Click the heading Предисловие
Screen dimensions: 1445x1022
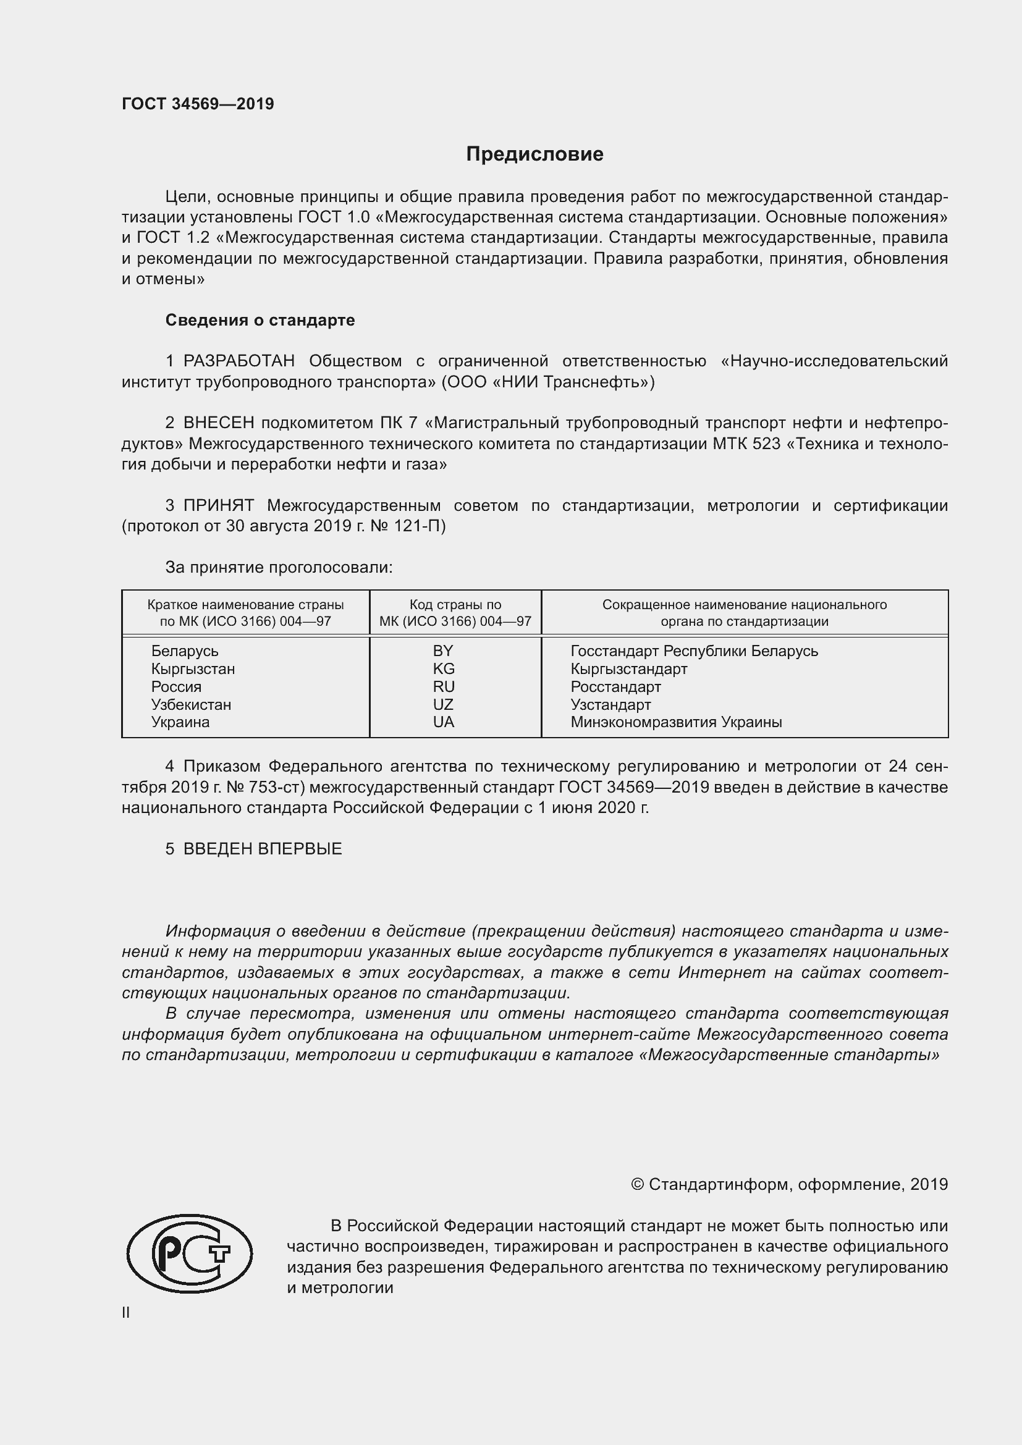click(x=534, y=154)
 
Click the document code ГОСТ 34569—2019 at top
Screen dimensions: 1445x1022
click(x=198, y=104)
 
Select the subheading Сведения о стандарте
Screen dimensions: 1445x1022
click(x=260, y=321)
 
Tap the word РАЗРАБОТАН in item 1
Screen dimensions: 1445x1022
click(x=239, y=361)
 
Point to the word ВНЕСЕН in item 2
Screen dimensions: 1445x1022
click(x=218, y=423)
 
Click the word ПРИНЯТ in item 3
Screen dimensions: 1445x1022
click(x=218, y=505)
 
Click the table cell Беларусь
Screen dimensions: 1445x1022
click(x=184, y=651)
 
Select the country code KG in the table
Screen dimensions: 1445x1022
click(x=444, y=668)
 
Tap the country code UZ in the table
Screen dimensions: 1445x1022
click(x=443, y=704)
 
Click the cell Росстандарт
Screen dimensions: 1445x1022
click(x=615, y=686)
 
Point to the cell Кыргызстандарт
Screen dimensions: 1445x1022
click(x=628, y=668)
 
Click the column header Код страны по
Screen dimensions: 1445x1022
click(x=455, y=605)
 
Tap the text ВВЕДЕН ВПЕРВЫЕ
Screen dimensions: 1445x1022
click(x=263, y=849)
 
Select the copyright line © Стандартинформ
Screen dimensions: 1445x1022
click(x=788, y=1184)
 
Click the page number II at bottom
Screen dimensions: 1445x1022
click(x=126, y=1312)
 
